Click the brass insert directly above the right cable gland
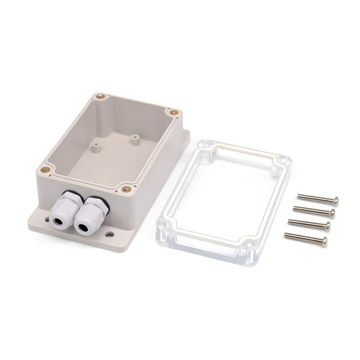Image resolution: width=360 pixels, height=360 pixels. [125, 188]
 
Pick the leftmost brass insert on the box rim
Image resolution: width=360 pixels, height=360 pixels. [46, 167]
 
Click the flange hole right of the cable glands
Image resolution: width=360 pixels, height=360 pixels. [108, 235]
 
